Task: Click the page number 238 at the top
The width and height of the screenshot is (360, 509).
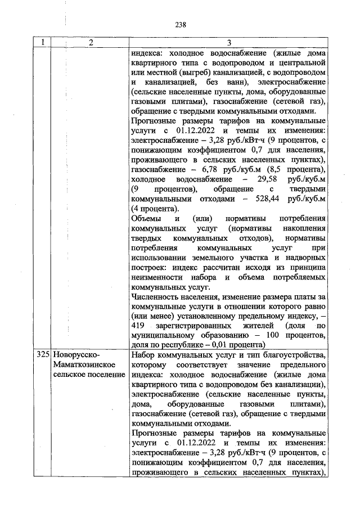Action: pos(180,24)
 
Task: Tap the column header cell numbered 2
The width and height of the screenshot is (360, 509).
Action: pos(89,43)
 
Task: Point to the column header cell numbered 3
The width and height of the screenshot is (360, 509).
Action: pos(228,43)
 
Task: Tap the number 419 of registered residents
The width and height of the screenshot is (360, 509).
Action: pos(138,326)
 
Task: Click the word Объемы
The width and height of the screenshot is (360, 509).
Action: pos(145,219)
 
